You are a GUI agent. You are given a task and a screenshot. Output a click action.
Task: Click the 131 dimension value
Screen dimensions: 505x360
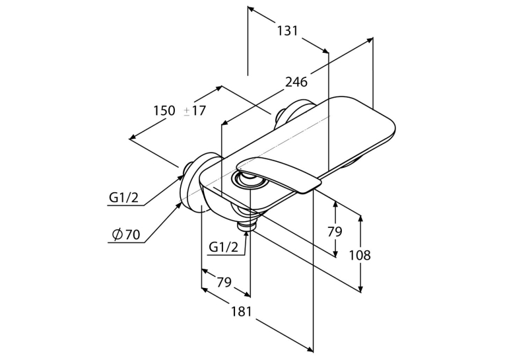[x=288, y=31]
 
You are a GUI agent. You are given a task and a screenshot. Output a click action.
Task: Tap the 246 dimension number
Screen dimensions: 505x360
[x=296, y=82]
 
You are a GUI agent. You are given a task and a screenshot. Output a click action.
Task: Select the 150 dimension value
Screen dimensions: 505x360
[x=164, y=110]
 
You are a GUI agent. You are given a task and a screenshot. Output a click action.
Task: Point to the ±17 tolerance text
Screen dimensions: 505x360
[x=195, y=110]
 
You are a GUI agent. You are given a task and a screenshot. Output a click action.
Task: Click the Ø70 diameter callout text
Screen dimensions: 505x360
[x=126, y=234]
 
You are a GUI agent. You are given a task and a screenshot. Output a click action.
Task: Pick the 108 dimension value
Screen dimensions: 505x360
[x=360, y=255]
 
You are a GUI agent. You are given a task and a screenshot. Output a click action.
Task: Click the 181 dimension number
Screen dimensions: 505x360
[x=241, y=311]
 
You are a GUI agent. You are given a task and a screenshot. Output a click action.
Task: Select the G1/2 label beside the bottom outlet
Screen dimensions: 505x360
[x=224, y=247]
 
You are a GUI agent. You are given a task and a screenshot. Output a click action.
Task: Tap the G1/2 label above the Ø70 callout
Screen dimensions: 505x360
[x=123, y=198]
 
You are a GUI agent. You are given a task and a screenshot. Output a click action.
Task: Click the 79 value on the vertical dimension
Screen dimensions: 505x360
[x=335, y=231]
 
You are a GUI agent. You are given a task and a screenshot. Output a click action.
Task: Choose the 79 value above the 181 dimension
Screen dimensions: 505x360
[x=224, y=282]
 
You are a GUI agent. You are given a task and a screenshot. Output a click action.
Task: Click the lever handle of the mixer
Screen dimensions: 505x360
[x=279, y=174]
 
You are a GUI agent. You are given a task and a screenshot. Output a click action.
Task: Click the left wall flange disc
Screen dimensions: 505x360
[x=193, y=182]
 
